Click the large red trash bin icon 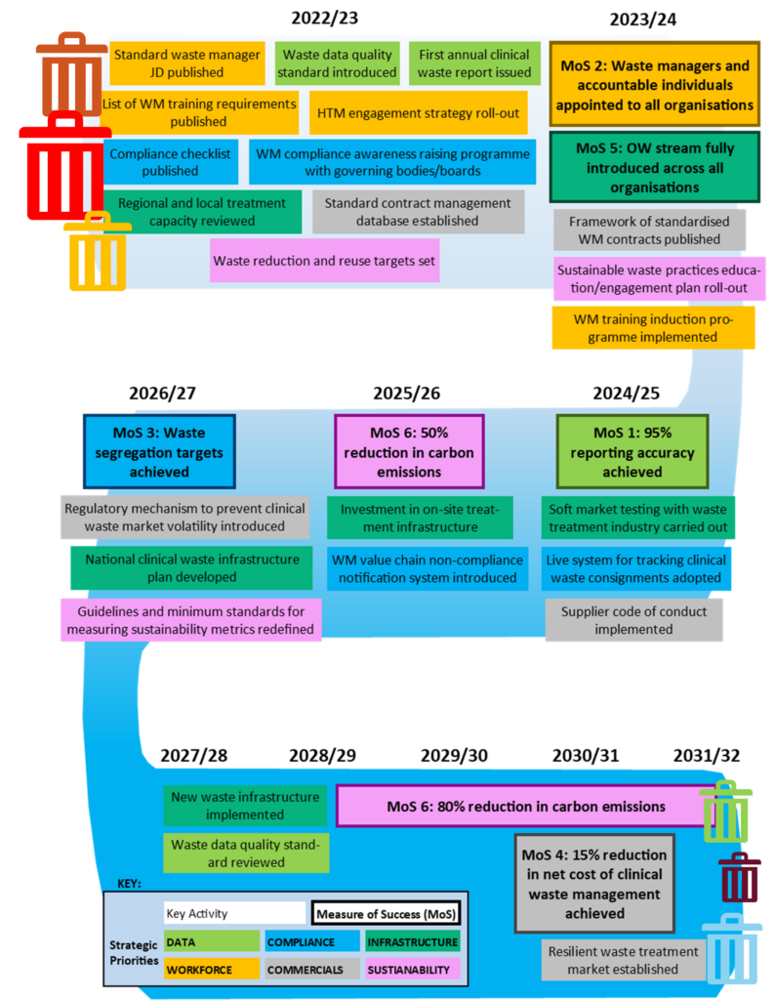point(64,168)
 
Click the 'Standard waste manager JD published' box point(186,63)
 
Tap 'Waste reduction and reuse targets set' point(324,261)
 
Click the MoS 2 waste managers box point(654,85)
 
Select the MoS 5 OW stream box point(654,167)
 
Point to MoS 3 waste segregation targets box point(160,451)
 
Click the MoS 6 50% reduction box point(409,451)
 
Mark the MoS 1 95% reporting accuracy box point(632,451)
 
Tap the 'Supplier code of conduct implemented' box point(633,620)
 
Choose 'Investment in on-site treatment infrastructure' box point(419,518)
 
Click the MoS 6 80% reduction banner point(525,807)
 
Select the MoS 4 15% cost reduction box point(594,884)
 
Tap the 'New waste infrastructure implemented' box point(245,806)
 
